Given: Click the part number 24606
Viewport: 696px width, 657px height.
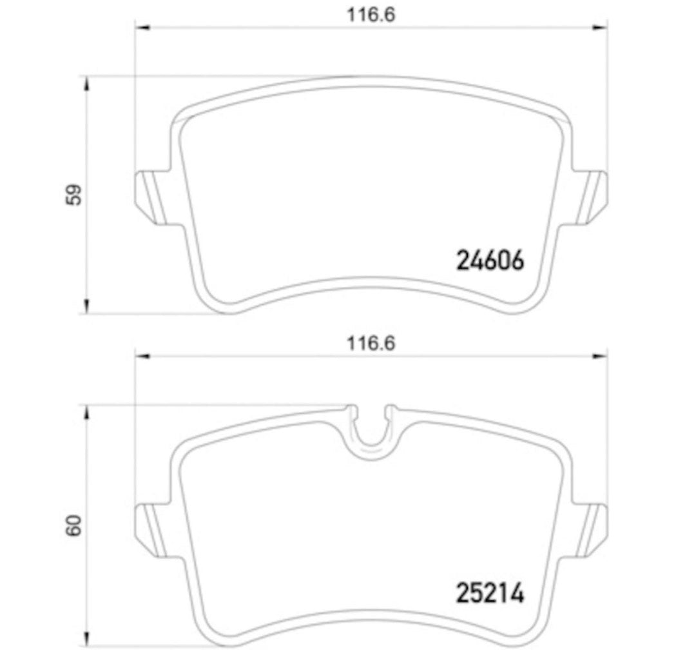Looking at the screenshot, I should pyautogui.click(x=490, y=261).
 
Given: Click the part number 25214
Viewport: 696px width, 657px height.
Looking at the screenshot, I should pyautogui.click(x=490, y=593).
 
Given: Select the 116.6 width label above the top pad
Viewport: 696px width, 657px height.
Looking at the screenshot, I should pyautogui.click(x=371, y=15).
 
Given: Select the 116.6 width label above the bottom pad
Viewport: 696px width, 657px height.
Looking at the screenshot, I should pyautogui.click(x=371, y=344).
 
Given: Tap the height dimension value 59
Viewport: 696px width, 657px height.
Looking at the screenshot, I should pyautogui.click(x=76, y=195).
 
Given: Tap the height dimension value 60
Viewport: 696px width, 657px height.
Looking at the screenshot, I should pyautogui.click(x=76, y=525).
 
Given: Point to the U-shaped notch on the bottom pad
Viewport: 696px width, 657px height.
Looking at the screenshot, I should pyautogui.click(x=371, y=429).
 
